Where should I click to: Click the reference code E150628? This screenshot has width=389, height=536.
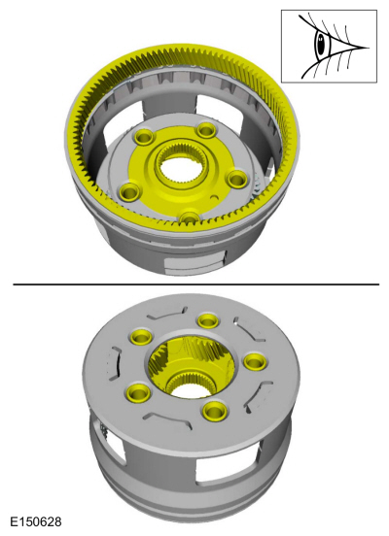click(36, 522)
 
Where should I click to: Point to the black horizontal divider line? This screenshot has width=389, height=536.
click(196, 285)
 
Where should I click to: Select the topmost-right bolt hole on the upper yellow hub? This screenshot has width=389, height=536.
click(206, 130)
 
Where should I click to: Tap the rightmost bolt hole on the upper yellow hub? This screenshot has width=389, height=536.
click(237, 179)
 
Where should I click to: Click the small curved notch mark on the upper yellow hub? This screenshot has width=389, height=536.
click(215, 196)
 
